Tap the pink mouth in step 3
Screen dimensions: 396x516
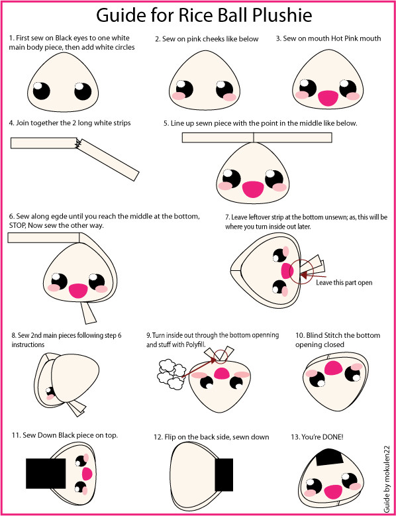328,98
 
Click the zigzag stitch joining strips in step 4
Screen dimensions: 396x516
79,142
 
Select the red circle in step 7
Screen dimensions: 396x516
301,271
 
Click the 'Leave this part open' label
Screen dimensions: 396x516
344,282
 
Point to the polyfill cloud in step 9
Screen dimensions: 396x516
172,374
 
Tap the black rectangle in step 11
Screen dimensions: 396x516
46,473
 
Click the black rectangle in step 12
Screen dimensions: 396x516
224,474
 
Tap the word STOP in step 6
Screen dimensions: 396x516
18,227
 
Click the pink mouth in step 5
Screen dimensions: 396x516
253,189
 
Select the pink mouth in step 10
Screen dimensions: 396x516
334,368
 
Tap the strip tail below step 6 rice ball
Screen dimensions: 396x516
88,313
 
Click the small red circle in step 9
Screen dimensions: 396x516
221,357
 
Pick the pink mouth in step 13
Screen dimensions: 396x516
334,491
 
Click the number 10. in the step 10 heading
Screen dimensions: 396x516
299,335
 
